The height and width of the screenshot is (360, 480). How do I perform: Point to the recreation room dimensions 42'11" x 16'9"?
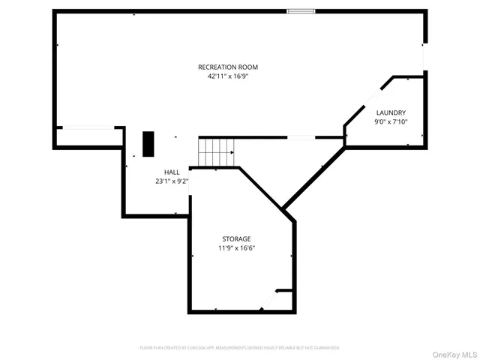pyautogui.click(x=227, y=76)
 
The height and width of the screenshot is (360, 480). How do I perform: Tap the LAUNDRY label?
pyautogui.click(x=391, y=112)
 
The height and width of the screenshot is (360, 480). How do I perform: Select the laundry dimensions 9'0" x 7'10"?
pyautogui.click(x=391, y=121)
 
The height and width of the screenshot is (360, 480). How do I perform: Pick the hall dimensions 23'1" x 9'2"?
pyautogui.click(x=172, y=181)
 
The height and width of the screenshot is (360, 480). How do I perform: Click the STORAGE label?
pyautogui.click(x=236, y=238)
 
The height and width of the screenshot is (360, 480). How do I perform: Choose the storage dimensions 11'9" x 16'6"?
pyautogui.click(x=236, y=247)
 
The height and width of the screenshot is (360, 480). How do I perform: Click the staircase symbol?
pyautogui.click(x=217, y=152)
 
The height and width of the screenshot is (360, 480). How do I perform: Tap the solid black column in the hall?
pyautogui.click(x=148, y=143)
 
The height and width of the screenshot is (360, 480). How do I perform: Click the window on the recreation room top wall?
pyautogui.click(x=301, y=11)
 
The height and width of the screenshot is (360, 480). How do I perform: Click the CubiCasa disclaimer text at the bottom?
pyautogui.click(x=240, y=348)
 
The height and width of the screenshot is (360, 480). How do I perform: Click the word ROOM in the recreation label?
pyautogui.click(x=247, y=67)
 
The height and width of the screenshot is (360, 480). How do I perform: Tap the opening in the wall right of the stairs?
pyautogui.click(x=301, y=137)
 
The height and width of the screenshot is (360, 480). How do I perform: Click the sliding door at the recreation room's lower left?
pyautogui.click(x=87, y=127)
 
